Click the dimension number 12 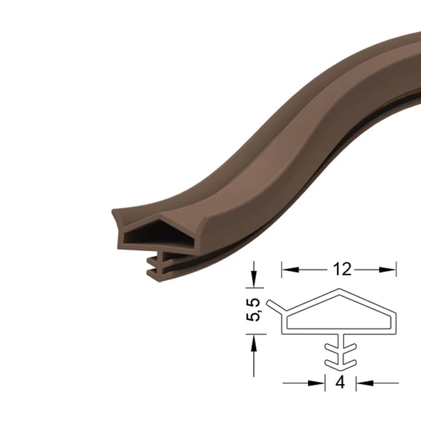click(x=342, y=270)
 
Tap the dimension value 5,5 click(x=253, y=309)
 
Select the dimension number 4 click(x=340, y=382)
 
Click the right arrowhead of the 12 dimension click(x=388, y=270)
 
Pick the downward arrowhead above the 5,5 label click(x=254, y=279)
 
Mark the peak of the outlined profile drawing click(x=339, y=289)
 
